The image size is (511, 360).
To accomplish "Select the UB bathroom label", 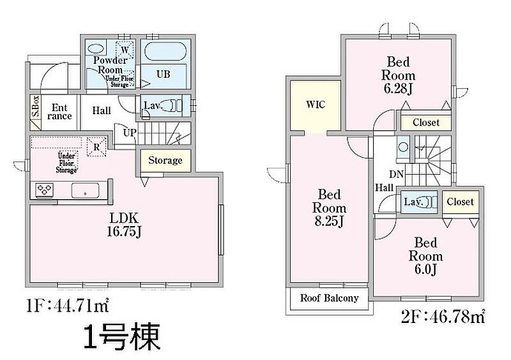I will point(164,74).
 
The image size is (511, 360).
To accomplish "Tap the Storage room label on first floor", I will point(165,160).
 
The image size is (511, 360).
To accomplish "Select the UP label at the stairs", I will point(129,133).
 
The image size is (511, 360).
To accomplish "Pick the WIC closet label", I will point(316,104).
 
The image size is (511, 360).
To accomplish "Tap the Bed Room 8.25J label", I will point(329,208).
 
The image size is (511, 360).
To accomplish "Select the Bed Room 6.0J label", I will point(425,255).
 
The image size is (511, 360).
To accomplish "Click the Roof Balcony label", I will point(329,298).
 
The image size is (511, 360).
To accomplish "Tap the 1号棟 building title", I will point(121,336).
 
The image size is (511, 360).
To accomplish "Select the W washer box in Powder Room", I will point(125,49).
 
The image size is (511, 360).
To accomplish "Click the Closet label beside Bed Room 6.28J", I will point(425,122).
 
